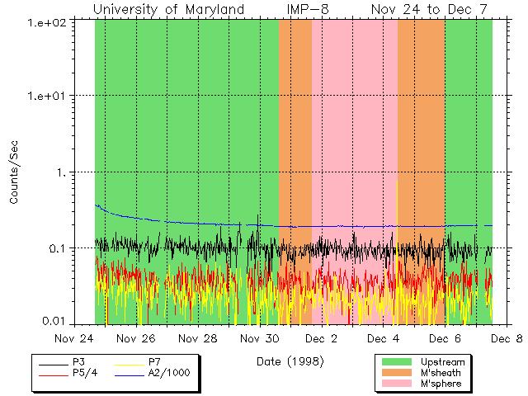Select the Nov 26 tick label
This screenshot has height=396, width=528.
(x=136, y=338)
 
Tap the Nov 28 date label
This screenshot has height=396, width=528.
(x=198, y=338)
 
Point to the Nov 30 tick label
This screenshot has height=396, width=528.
(x=260, y=338)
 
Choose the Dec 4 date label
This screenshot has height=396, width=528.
(x=383, y=338)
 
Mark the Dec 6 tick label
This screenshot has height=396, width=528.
(x=445, y=338)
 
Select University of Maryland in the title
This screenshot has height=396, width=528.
(x=169, y=9)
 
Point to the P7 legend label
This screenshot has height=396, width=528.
(x=154, y=362)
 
